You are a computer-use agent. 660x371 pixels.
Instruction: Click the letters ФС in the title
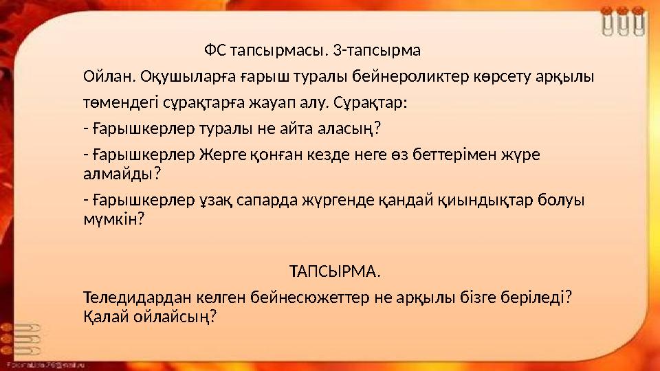[214, 51]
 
